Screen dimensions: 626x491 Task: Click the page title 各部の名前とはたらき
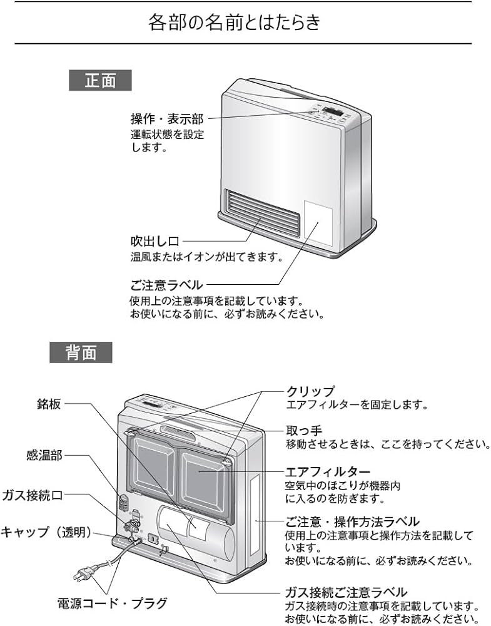pyautogui.click(x=235, y=23)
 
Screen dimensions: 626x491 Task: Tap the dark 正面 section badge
pyautogui.click(x=101, y=81)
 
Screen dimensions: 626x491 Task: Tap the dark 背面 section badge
pyautogui.click(x=81, y=352)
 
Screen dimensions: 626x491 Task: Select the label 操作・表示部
pyautogui.click(x=167, y=119)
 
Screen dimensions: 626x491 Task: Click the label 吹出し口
pyautogui.click(x=155, y=241)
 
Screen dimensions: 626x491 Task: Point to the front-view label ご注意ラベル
pyautogui.click(x=166, y=285)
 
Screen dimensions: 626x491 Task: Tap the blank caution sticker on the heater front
pyautogui.click(x=317, y=223)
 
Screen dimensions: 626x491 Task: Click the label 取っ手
pyautogui.click(x=303, y=431)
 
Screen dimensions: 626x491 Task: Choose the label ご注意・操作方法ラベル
pyautogui.click(x=352, y=521)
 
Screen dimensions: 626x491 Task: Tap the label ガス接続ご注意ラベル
pyautogui.click(x=346, y=592)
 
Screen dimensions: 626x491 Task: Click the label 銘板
pyautogui.click(x=49, y=404)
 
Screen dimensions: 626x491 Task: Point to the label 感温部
pyautogui.click(x=44, y=456)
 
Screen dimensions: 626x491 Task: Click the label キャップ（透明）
pyautogui.click(x=46, y=532)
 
